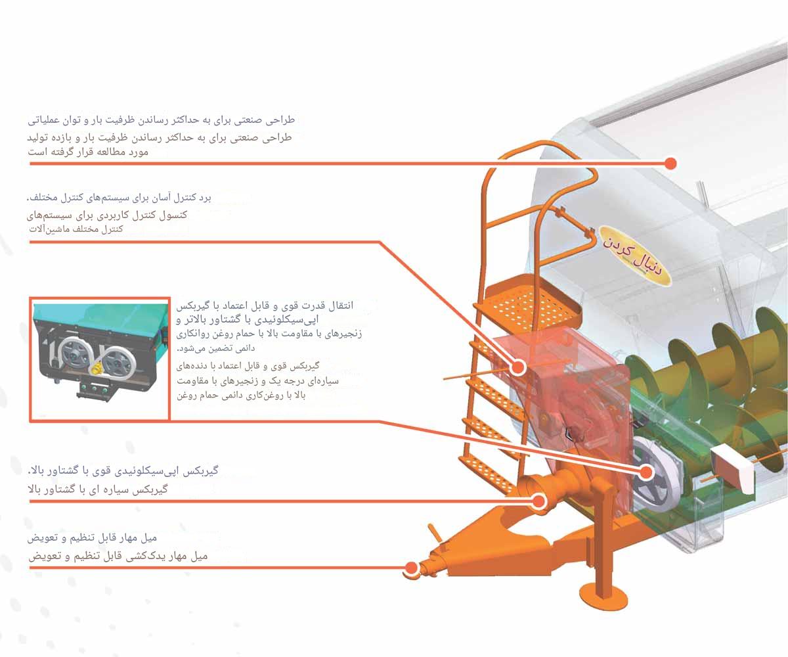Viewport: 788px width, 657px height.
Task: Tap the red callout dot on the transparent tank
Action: point(670,162)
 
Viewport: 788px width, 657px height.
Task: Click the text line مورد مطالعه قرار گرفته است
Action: point(89,152)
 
